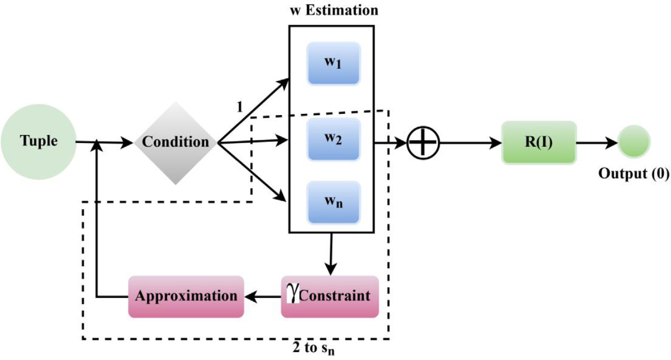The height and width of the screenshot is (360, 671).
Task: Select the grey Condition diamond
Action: click(176, 142)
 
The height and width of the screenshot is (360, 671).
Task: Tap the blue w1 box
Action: click(333, 63)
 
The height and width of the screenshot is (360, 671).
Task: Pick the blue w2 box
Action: click(333, 139)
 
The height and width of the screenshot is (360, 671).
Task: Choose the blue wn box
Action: click(333, 202)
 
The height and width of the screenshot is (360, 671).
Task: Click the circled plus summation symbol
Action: click(424, 143)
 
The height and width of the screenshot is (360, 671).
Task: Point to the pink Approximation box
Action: click(186, 297)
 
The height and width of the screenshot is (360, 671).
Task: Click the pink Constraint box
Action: click(330, 297)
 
